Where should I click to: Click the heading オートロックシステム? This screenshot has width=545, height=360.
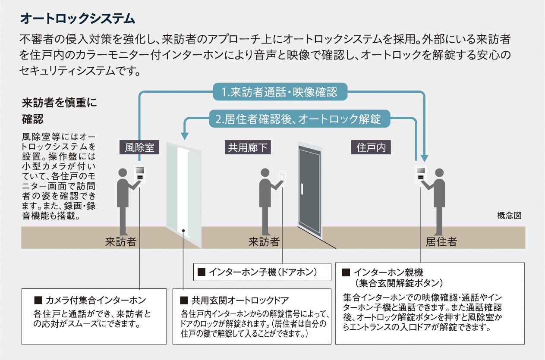(78, 19)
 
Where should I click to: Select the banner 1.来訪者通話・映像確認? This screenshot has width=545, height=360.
(280, 92)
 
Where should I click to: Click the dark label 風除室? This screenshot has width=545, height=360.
(136, 148)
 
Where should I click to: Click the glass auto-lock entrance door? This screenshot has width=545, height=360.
(184, 194)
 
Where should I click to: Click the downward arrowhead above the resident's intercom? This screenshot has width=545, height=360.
(424, 158)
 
